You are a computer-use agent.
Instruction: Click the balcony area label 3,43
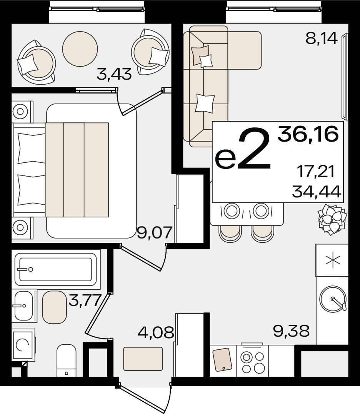click(x=114, y=74)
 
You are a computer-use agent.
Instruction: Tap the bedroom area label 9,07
click(x=155, y=233)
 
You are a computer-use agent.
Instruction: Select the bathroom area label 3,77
click(x=85, y=300)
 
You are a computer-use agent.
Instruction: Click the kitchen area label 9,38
click(x=292, y=331)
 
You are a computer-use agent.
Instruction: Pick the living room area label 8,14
click(x=322, y=38)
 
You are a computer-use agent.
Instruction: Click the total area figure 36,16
click(x=308, y=134)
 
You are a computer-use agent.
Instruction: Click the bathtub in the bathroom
click(x=56, y=269)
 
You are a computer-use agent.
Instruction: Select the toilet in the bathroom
click(x=67, y=360)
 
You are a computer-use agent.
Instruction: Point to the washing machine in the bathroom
click(x=23, y=345)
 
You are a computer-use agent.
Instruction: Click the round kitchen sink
click(x=333, y=299)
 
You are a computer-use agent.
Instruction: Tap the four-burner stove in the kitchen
click(x=253, y=361)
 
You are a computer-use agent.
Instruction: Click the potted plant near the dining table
click(x=332, y=219)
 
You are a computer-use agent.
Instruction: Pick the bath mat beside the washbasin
click(x=54, y=307)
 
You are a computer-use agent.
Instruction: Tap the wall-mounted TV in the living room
click(x=345, y=76)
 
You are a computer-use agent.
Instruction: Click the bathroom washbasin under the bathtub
click(x=24, y=306)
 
